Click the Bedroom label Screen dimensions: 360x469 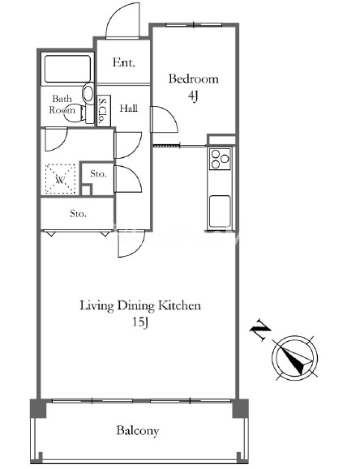[x=194, y=79]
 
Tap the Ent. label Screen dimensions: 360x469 [x=124, y=62]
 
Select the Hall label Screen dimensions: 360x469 [x=129, y=108]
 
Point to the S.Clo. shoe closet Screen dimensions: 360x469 [x=104, y=111]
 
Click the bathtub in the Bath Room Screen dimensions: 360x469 [x=67, y=69]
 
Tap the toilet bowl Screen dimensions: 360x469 [x=88, y=92]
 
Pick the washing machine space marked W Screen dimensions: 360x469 [x=60, y=179]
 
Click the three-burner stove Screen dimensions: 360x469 [x=220, y=159]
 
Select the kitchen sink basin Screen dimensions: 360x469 [x=220, y=211]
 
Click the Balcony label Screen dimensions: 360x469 [x=138, y=431]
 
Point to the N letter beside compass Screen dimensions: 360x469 [x=259, y=330]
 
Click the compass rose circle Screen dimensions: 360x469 [x=294, y=358]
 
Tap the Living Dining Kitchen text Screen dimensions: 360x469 [x=140, y=306]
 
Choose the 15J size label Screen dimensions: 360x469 [x=140, y=322]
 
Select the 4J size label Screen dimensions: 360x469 [x=193, y=96]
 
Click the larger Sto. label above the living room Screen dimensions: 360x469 [x=78, y=214]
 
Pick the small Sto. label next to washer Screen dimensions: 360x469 [x=98, y=174]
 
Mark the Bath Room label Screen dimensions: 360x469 [x=62, y=104]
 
